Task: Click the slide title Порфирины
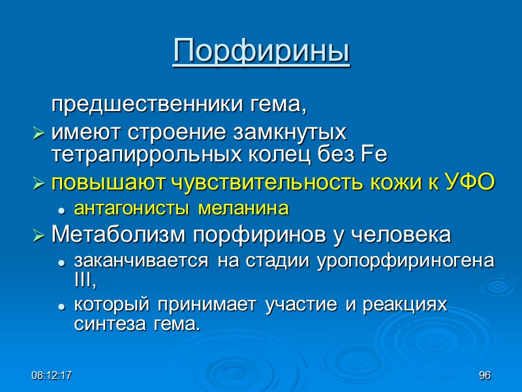pos(261,52)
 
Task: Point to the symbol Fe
pos(373,155)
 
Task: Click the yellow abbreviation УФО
pos(469,184)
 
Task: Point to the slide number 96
pos(484,376)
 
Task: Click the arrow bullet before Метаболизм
pos(39,235)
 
